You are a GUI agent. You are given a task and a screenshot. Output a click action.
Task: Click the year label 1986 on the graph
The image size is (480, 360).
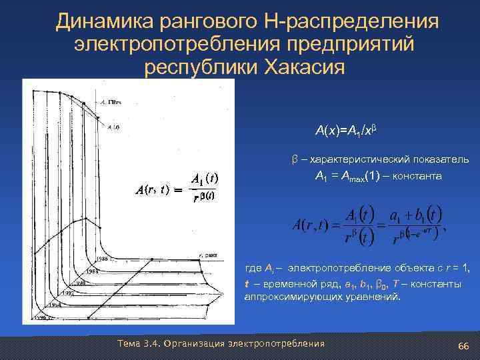tap(102, 258)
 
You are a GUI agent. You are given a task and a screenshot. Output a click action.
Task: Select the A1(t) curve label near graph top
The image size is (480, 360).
tap(113, 126)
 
